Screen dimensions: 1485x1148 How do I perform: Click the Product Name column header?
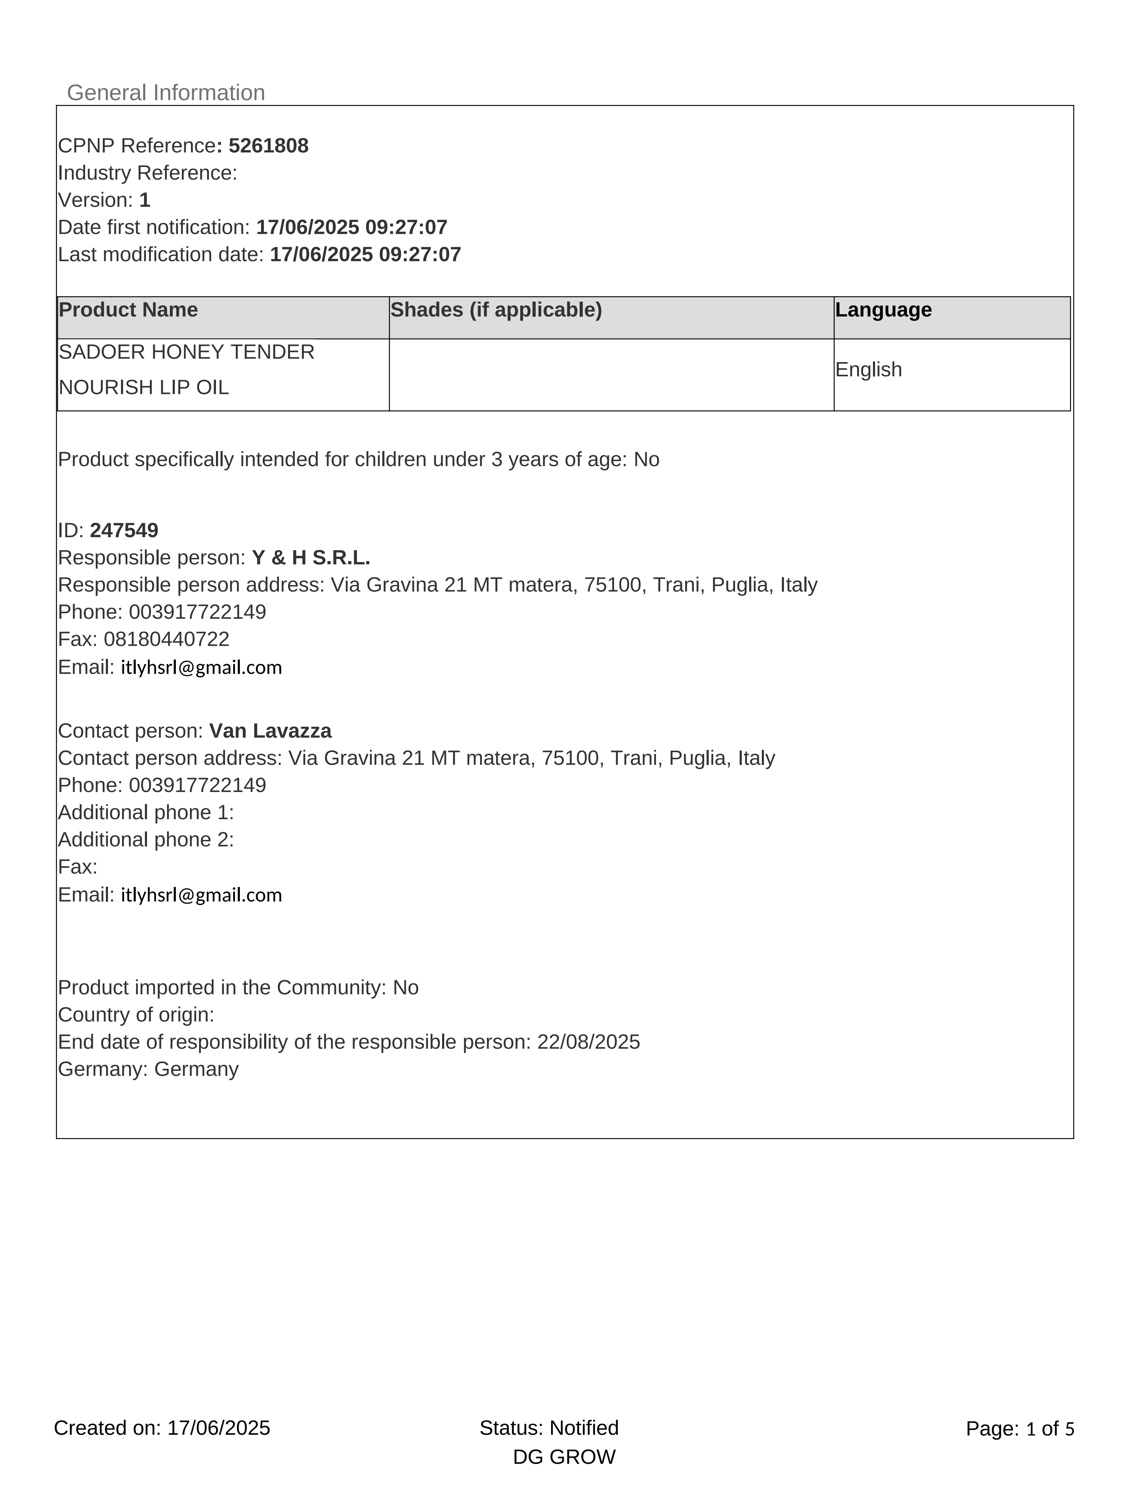coord(128,310)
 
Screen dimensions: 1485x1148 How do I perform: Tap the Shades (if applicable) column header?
coord(496,310)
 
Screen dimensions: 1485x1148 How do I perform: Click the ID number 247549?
coord(124,531)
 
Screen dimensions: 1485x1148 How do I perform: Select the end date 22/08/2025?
coord(588,1042)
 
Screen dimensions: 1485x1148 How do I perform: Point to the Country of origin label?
coord(136,1015)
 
